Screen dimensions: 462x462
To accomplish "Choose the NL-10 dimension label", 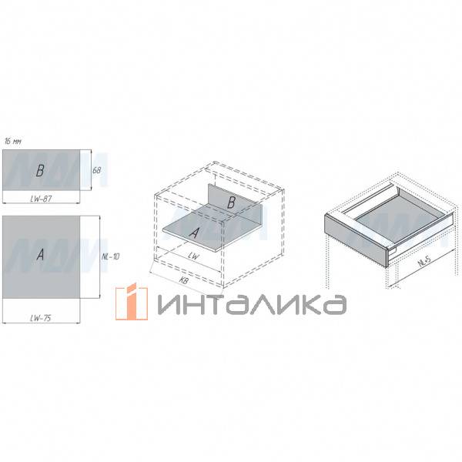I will pos(110,256).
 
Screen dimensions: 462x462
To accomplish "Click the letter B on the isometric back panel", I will pos(230,202).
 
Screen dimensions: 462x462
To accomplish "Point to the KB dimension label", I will pos(183,282).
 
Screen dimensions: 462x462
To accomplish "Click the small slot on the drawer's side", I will pos(393,249).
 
